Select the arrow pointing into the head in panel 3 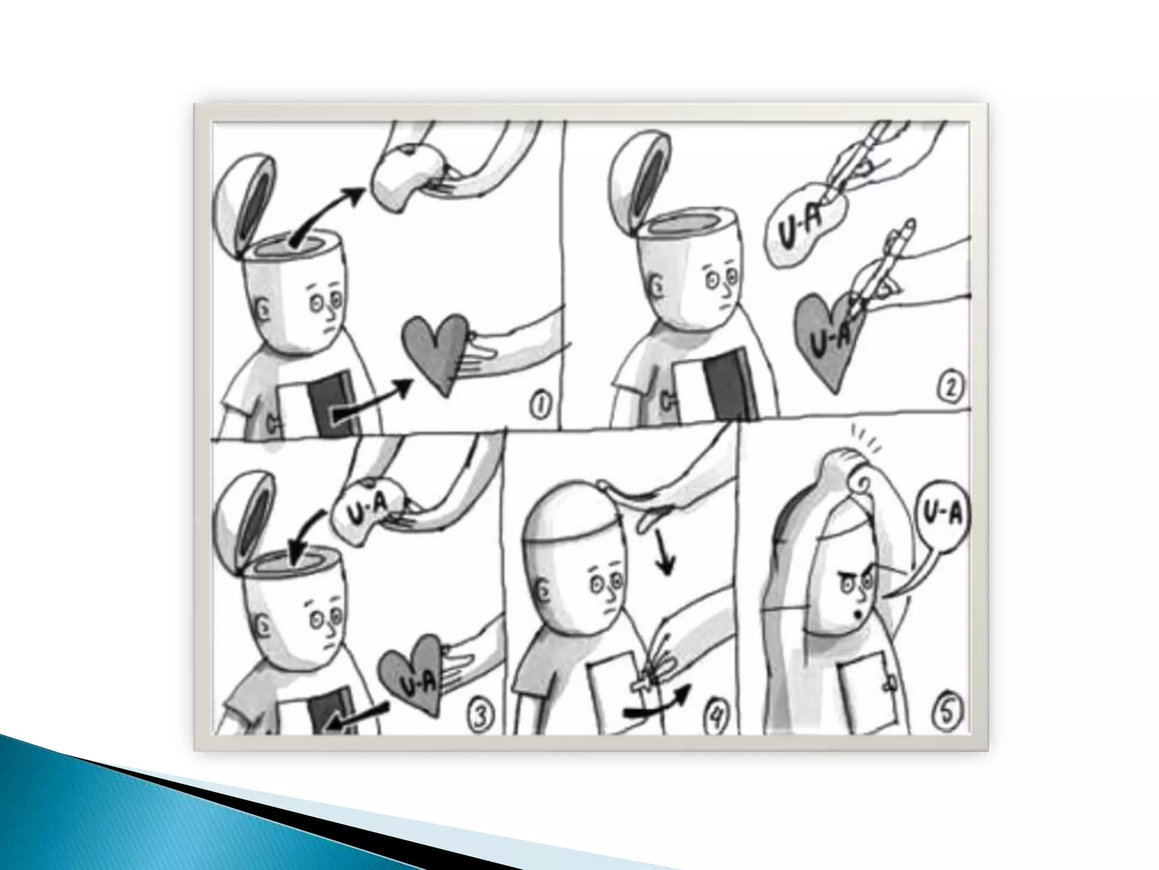[306, 535]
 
